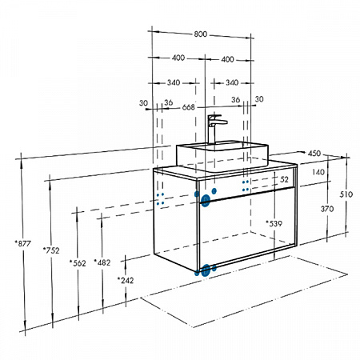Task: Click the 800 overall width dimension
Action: pyautogui.click(x=200, y=34)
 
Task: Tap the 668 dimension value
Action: pyautogui.click(x=189, y=107)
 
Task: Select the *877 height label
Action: pyautogui.click(x=23, y=243)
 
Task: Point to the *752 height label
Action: pyautogui.click(x=51, y=250)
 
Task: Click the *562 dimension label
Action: pyautogui.click(x=78, y=263)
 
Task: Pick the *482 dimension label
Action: pyautogui.click(x=102, y=262)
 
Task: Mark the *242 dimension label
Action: pyautogui.click(x=126, y=280)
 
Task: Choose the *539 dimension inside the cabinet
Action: pyautogui.click(x=274, y=223)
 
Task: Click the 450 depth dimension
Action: pyautogui.click(x=314, y=154)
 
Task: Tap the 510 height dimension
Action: pyautogui.click(x=346, y=194)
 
